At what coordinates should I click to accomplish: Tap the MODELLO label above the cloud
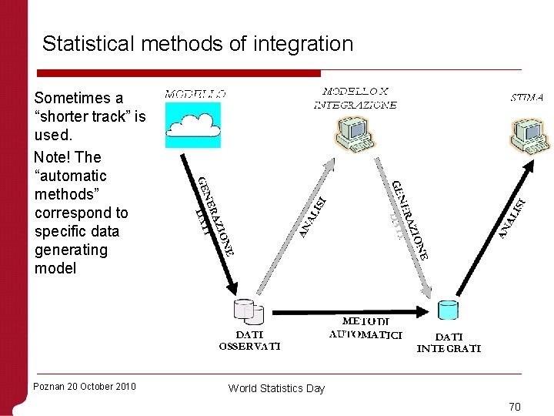(x=195, y=94)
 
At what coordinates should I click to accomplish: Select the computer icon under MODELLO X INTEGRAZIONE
(x=355, y=133)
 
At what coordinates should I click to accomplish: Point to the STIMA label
(x=527, y=98)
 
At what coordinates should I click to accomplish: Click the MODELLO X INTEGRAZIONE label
(x=355, y=98)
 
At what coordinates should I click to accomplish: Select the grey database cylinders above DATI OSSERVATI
(x=248, y=311)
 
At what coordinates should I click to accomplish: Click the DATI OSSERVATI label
(x=249, y=341)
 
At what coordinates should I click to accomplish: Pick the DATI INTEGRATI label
(x=449, y=342)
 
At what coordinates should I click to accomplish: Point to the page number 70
(x=515, y=406)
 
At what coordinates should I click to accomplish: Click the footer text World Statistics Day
(x=276, y=388)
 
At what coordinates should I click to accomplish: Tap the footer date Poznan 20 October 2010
(x=85, y=386)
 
